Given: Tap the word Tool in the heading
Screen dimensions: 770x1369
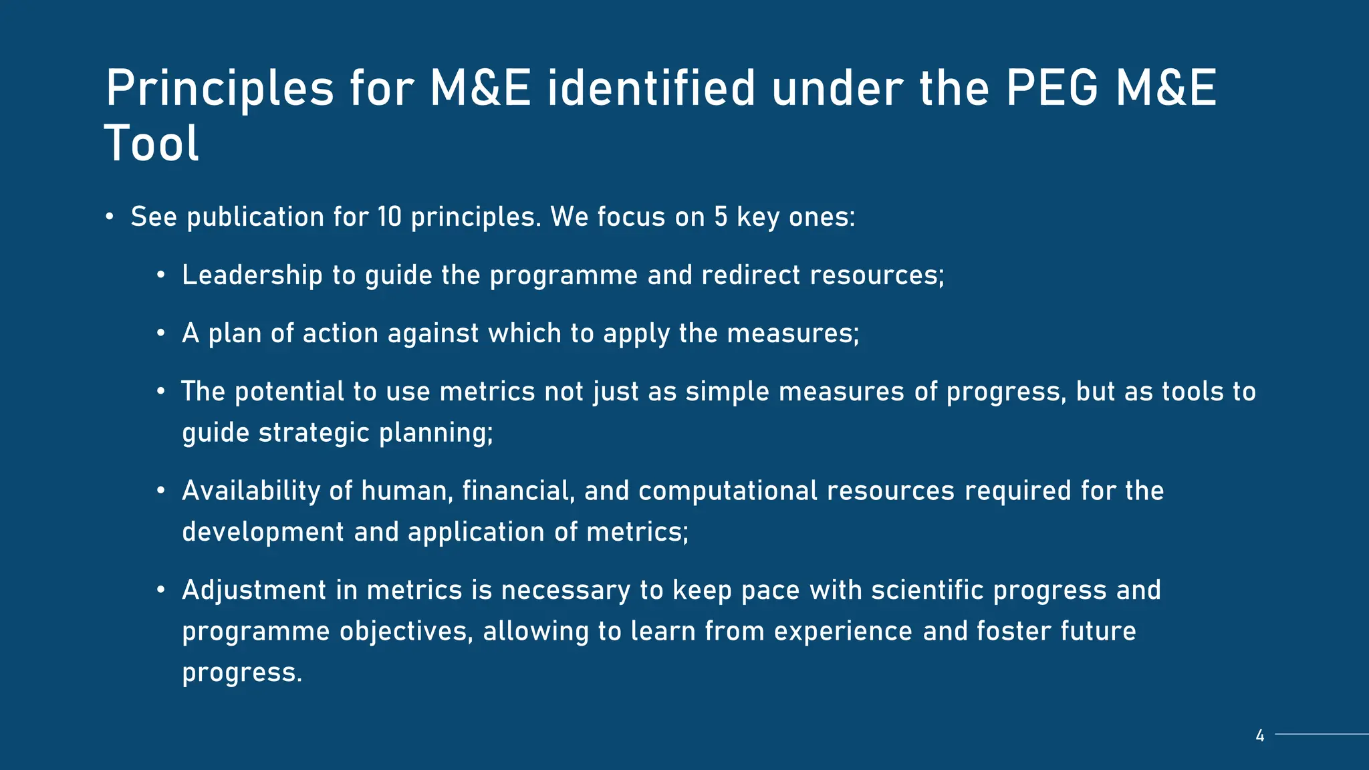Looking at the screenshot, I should [152, 143].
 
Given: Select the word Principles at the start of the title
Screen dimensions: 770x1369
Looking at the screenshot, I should [219, 88].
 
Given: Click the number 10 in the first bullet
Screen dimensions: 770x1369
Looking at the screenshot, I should [389, 217].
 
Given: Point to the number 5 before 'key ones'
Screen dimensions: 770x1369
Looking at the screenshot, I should [721, 217].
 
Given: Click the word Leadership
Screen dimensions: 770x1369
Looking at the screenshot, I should [252, 275].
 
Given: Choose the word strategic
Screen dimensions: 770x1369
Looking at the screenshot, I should [314, 433].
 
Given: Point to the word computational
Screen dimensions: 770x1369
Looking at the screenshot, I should [727, 491].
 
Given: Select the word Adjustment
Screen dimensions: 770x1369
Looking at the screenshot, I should [254, 591].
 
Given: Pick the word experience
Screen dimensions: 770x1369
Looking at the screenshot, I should [843, 632].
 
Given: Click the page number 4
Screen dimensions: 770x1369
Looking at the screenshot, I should [1260, 736].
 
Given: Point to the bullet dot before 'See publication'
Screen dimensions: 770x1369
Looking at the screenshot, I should [109, 217].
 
